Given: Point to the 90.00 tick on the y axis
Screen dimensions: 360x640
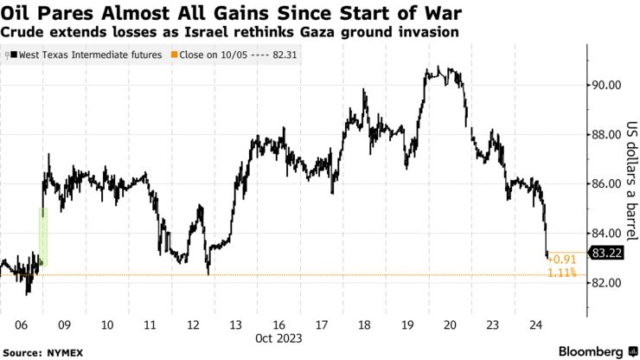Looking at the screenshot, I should click(x=604, y=85).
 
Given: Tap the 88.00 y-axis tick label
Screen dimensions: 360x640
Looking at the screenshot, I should click(x=604, y=134).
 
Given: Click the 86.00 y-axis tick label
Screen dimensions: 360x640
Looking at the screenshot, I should click(x=604, y=184).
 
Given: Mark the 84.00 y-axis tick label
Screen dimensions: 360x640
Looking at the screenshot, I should click(x=604, y=234).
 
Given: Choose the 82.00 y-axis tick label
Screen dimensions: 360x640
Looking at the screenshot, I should click(x=604, y=283).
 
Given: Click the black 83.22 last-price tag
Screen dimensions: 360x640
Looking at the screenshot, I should click(x=605, y=253).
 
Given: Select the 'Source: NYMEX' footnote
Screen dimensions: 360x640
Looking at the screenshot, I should click(x=42, y=351).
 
